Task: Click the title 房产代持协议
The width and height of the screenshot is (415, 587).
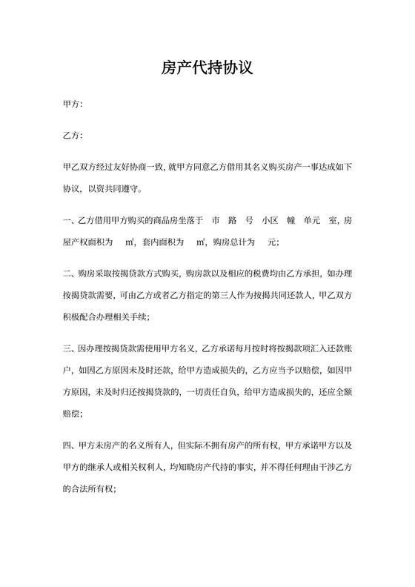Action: (207, 69)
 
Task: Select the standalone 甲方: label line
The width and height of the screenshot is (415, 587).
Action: (73, 105)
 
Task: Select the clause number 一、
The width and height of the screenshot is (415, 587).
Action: (70, 221)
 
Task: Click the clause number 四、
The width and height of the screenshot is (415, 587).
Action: (70, 447)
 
